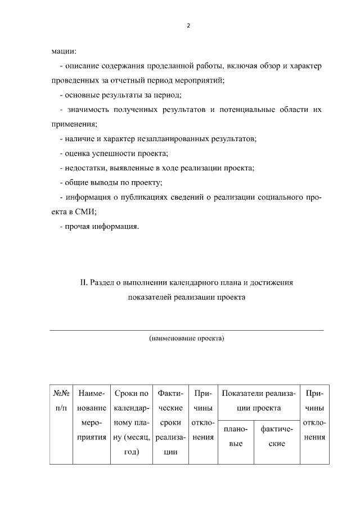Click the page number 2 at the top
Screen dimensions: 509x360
[188, 26]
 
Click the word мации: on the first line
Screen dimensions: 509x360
[64, 52]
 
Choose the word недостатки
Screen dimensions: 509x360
[83, 168]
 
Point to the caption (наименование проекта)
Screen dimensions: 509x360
[187, 339]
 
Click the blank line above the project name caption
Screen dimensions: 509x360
[187, 330]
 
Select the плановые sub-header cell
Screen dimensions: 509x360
[236, 436]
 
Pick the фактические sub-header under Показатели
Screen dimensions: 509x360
[277, 436]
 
